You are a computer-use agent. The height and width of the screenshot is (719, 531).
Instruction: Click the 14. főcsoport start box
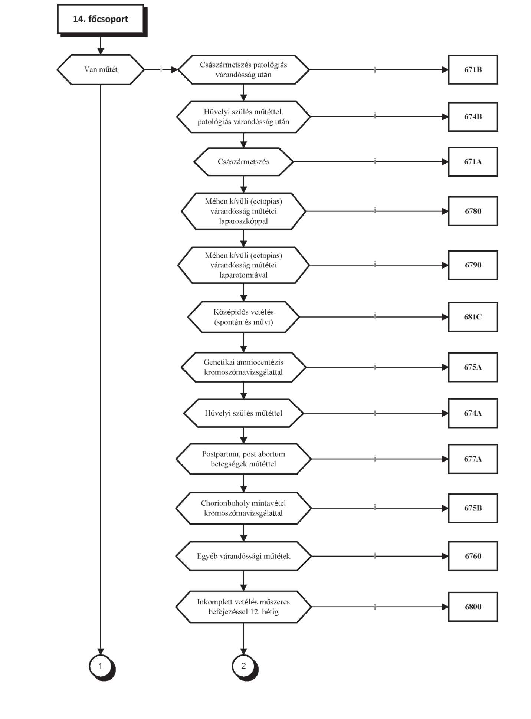point(101,19)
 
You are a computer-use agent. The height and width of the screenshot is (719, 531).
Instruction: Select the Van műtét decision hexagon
point(101,69)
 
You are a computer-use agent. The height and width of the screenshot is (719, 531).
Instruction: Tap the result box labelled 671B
point(473,69)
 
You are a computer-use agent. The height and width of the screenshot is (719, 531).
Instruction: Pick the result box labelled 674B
point(473,116)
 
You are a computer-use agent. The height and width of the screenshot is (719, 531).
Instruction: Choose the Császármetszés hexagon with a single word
point(243,162)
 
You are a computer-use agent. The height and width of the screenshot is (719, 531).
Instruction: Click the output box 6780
point(473,211)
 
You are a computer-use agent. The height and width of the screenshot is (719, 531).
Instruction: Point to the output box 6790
point(473,265)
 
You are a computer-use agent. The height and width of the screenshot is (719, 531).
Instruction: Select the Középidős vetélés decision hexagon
point(243,317)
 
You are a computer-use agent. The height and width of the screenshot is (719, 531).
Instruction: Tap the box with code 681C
point(473,317)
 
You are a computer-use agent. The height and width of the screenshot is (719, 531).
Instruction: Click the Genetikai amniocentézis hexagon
point(243,367)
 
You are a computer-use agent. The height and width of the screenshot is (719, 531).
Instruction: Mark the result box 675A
point(473,367)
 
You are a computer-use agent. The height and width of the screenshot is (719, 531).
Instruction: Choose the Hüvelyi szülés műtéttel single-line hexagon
point(243,413)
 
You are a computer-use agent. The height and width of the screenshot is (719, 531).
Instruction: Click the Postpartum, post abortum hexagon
point(243,459)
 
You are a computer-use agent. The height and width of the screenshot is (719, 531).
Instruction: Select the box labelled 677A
point(473,459)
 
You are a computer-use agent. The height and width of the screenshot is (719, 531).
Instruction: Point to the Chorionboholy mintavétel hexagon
point(243,508)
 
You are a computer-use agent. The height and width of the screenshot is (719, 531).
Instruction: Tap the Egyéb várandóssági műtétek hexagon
point(243,556)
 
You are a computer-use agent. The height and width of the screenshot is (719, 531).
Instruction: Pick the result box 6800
point(473,607)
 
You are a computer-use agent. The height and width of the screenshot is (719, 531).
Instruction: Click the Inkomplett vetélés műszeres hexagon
point(243,607)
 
